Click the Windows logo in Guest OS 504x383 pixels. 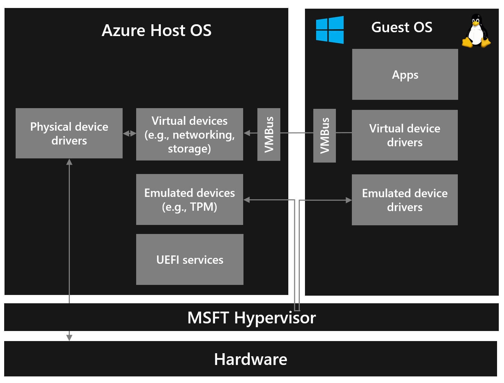point(330,30)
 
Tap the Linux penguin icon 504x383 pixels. point(476,31)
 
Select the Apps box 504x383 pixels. point(405,75)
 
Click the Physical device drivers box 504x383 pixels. point(69,133)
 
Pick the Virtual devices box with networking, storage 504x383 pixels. point(189,134)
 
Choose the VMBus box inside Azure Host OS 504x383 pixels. point(269,134)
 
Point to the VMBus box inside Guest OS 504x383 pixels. point(324,136)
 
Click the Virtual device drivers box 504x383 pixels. point(405,135)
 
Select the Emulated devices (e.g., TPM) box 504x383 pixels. point(189,200)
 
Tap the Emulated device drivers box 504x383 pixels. point(405,200)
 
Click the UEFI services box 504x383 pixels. point(190,260)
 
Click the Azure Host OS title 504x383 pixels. point(157,31)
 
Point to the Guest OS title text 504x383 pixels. point(402,27)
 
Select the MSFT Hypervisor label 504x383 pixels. point(251,318)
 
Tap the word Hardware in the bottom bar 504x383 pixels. point(250,359)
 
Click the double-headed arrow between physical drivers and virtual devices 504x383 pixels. point(130,133)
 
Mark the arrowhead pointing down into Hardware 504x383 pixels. point(69,337)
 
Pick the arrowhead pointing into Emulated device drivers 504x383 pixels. point(348,200)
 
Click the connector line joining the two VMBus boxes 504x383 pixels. point(297,133)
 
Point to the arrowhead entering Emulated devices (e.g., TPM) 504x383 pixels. point(247,200)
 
